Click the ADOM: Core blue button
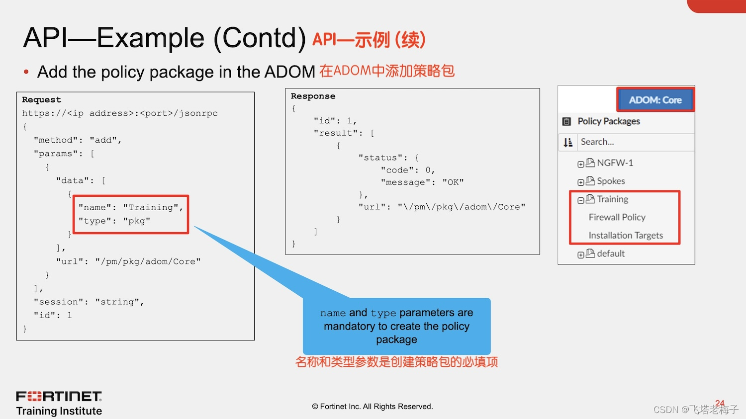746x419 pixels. tap(655, 100)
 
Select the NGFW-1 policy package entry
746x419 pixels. tap(615, 163)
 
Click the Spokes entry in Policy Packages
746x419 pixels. tap(611, 181)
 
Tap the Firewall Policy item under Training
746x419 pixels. tap(617, 217)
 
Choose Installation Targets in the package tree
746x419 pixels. tap(626, 236)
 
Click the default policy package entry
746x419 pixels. tap(611, 253)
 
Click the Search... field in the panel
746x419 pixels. tap(636, 142)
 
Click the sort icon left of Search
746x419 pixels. tap(568, 143)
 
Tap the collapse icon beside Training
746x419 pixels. tap(580, 200)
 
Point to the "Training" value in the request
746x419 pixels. tap(153, 207)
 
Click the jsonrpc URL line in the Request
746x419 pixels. tap(120, 113)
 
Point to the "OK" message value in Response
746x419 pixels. tap(453, 182)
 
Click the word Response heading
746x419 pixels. tap(313, 96)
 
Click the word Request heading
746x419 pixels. tap(41, 99)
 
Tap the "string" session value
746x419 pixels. tap(119, 302)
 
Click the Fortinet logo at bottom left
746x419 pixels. tap(59, 396)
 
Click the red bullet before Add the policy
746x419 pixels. tap(26, 72)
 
